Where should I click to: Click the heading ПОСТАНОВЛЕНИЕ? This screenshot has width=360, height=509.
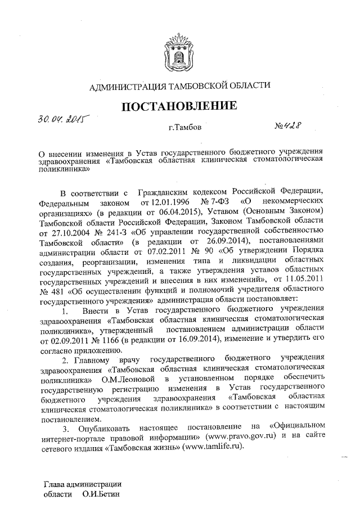[180, 106]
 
